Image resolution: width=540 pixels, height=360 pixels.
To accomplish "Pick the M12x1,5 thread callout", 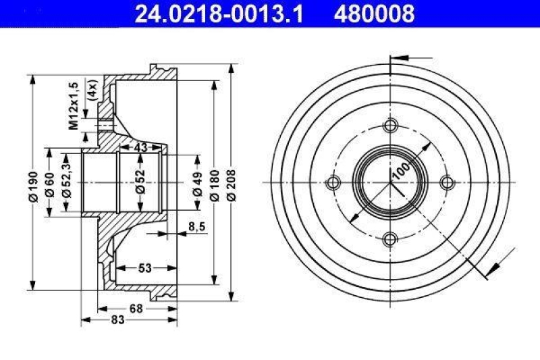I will (74, 105).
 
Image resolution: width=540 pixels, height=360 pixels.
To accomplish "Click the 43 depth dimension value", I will (140, 147).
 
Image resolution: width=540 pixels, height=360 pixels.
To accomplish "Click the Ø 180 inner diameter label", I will (215, 183).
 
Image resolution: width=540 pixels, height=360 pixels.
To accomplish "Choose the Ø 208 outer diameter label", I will (232, 183).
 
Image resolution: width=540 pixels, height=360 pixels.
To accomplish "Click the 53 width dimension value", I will (144, 268).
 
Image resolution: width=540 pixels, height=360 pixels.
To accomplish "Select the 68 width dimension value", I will (136, 309).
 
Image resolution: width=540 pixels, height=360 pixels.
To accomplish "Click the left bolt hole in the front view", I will (333, 182).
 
